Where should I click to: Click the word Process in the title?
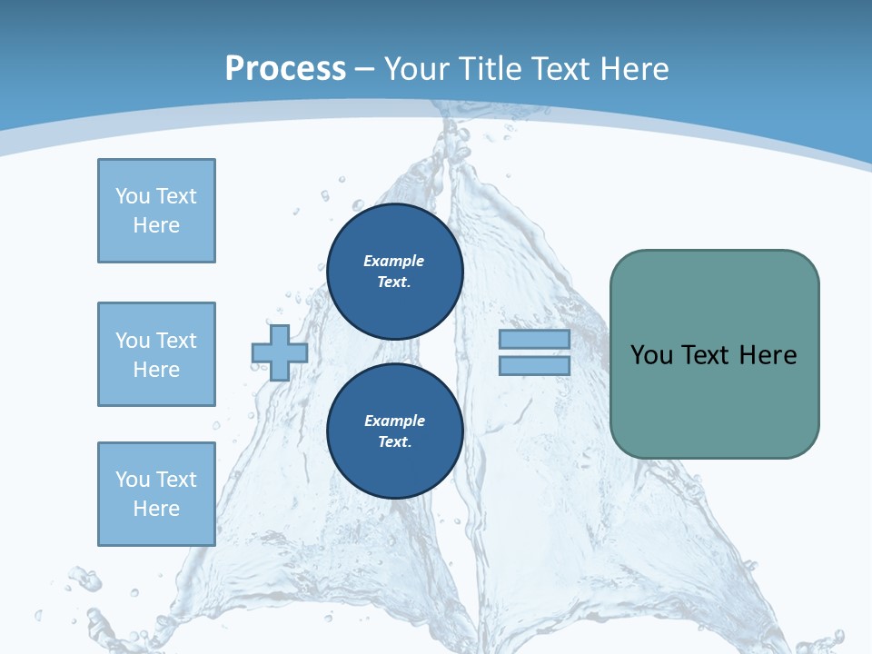(285, 69)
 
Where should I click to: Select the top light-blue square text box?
(156, 211)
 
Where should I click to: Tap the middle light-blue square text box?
(156, 354)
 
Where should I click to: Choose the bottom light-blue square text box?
(156, 494)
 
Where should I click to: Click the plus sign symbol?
(279, 352)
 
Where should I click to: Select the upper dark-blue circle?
(394, 271)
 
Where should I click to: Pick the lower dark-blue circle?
(394, 431)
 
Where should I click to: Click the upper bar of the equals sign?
(534, 340)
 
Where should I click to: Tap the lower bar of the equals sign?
(534, 365)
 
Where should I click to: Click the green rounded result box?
(714, 354)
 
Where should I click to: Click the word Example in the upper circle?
(393, 261)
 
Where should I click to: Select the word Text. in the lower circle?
(394, 442)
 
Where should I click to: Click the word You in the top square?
(132, 196)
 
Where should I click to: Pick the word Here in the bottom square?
(156, 509)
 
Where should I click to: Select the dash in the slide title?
(364, 69)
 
